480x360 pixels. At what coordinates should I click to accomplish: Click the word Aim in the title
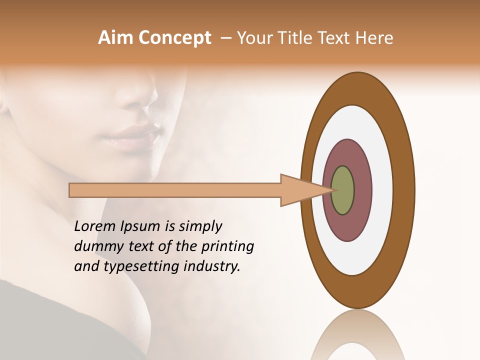click(x=115, y=38)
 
